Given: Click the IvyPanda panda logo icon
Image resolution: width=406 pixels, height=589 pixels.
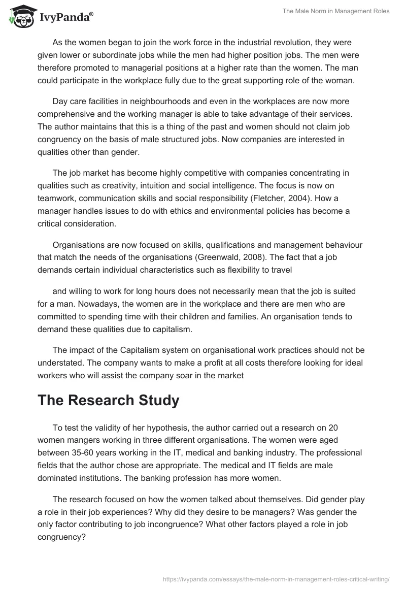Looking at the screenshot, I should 20,17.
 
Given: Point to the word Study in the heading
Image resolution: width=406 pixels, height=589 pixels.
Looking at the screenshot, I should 151,400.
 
